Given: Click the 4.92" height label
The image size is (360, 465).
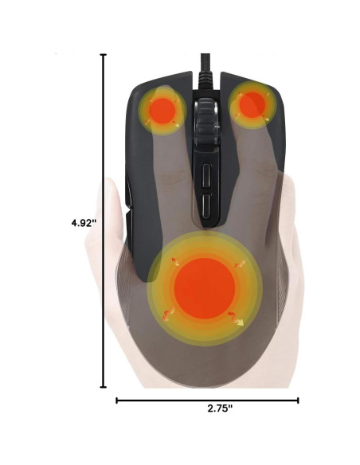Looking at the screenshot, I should coord(83,224).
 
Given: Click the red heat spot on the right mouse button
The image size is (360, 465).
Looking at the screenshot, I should coord(252,104).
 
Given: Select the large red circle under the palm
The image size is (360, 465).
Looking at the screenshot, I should coord(205,289).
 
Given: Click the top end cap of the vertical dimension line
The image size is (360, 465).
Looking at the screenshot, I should coord(104,54).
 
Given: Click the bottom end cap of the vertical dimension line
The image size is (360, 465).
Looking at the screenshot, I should coord(104,388).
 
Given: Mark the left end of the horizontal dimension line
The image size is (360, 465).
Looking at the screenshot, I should coord(117,401).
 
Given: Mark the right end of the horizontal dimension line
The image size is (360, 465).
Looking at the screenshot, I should coord(298,401).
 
